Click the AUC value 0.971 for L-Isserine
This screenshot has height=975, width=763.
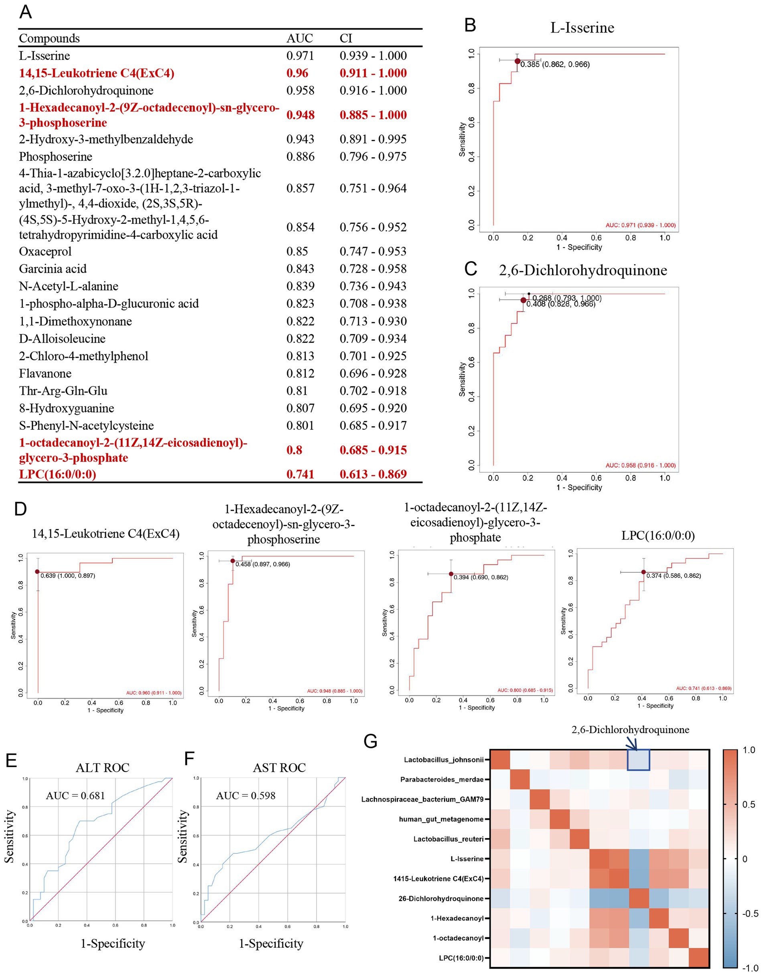[300, 56]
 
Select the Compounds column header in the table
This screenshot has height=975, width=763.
[49, 39]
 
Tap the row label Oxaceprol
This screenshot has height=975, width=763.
[45, 252]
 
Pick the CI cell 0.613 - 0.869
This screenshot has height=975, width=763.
[373, 474]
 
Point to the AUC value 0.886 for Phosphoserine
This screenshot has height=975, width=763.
[300, 157]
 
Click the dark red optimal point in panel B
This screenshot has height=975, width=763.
[517, 61]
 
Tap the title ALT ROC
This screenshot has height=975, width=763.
[102, 768]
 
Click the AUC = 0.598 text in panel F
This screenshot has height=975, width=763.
[246, 795]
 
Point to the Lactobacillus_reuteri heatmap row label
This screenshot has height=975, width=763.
[448, 839]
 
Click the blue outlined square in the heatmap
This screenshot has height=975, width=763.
[638, 760]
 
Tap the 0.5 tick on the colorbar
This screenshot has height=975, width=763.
[748, 804]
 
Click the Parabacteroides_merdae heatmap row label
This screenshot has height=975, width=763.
[442, 779]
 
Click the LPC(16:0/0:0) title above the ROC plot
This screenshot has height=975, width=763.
[658, 535]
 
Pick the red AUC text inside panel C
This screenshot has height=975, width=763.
[640, 465]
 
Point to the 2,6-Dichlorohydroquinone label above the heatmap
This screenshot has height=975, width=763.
[630, 730]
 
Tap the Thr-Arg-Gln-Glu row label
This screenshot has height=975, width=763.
[63, 391]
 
